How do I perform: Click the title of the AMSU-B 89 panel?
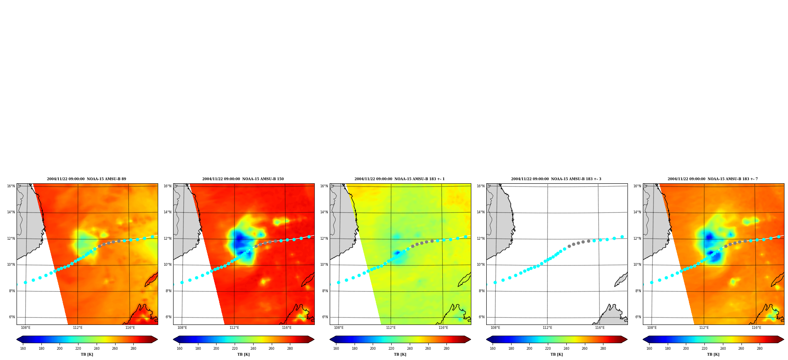[x=86, y=179]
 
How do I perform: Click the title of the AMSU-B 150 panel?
[x=243, y=179]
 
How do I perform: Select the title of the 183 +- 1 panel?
[x=400, y=179]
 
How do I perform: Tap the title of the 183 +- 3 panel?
[x=556, y=179]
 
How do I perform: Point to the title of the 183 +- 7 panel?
[x=713, y=179]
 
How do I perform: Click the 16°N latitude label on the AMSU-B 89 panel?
[x=11, y=186]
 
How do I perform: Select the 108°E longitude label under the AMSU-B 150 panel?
[x=182, y=328]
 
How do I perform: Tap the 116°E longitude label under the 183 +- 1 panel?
[x=443, y=328]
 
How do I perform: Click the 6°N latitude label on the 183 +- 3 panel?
[x=481, y=317]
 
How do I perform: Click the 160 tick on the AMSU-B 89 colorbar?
[x=23, y=349]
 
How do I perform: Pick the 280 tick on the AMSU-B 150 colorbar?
[x=290, y=349]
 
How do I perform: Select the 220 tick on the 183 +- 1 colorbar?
[x=391, y=349]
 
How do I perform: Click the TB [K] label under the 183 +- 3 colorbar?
[x=556, y=354]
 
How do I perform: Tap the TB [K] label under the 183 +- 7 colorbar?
[x=713, y=354]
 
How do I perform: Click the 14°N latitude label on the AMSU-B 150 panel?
[x=167, y=212]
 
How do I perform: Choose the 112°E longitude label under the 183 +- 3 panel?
[x=547, y=328]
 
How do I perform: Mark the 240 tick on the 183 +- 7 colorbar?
[x=723, y=349]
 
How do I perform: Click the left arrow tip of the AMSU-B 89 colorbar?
[x=17, y=339]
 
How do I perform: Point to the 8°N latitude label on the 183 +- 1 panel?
[x=325, y=291]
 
